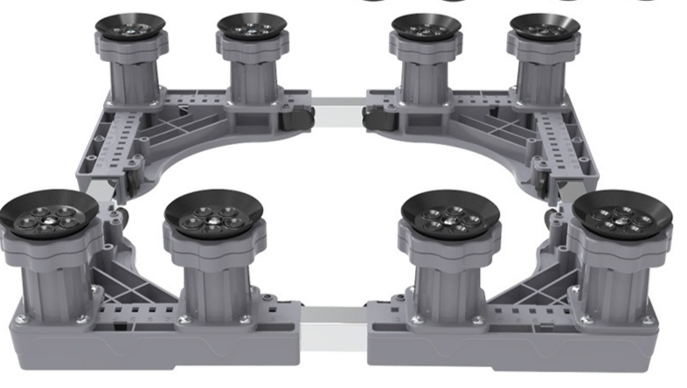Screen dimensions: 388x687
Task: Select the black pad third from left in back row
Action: point(426,26)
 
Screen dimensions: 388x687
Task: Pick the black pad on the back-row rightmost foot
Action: point(544,26)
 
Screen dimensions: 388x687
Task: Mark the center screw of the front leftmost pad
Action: point(51,221)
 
